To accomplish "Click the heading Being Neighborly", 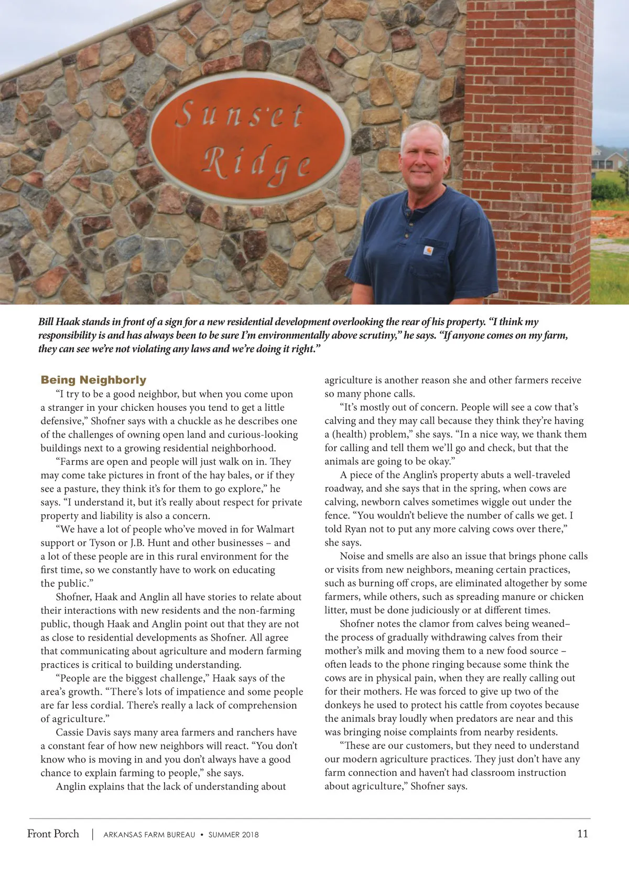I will click(x=93, y=380).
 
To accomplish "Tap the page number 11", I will click(x=582, y=834).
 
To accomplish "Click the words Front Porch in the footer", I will click(x=53, y=834).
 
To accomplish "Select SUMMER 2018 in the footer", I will click(x=233, y=835).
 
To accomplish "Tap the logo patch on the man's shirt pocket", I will click(x=428, y=251).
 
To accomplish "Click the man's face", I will click(x=424, y=158).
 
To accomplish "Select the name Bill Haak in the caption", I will click(x=58, y=322).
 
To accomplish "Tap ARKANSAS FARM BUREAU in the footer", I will click(x=149, y=835).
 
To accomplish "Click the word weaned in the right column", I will click(x=549, y=624).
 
